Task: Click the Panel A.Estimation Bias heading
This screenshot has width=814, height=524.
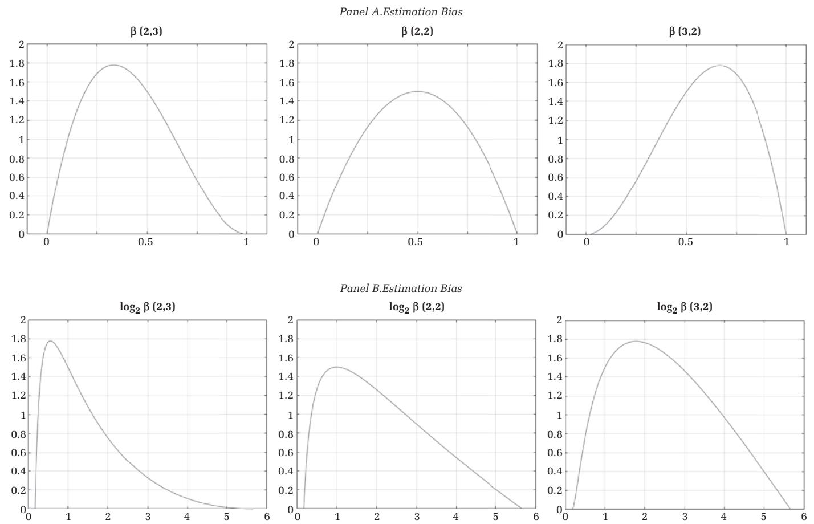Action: pyautogui.click(x=401, y=12)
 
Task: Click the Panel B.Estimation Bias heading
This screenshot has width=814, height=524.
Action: pyautogui.click(x=401, y=288)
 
